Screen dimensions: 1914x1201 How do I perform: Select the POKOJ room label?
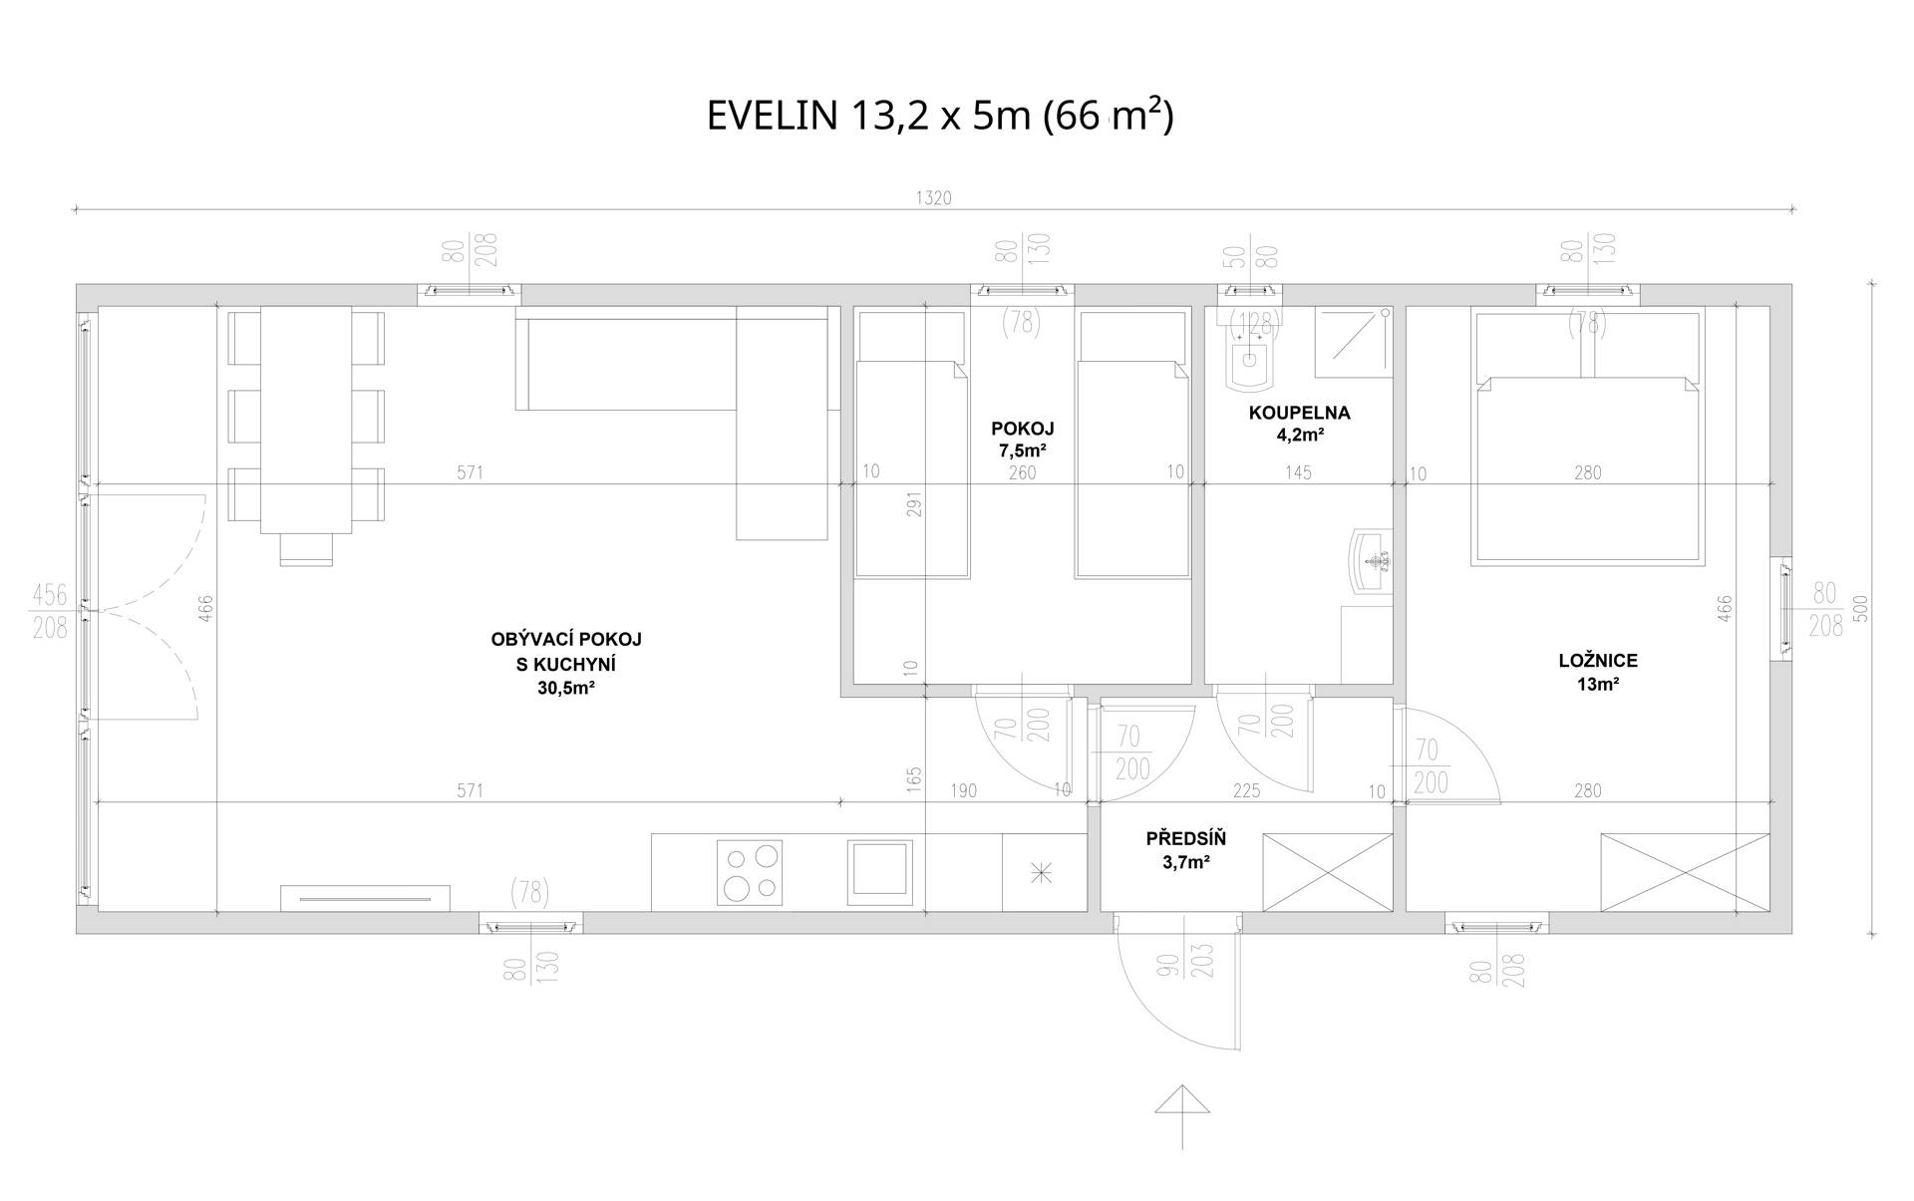coord(1022,429)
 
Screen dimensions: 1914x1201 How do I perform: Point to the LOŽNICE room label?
coord(1598,661)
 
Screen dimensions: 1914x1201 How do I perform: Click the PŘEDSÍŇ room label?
coord(1185,839)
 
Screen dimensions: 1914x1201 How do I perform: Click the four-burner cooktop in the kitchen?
coord(750,872)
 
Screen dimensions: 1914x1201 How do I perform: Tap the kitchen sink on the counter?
coord(880,868)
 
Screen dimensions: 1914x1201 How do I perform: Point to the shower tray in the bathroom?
coord(1353,342)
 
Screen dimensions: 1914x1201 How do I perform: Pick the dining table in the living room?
coord(306,421)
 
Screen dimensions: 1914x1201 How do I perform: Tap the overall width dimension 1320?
coord(933,198)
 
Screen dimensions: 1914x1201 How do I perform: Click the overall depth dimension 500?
coord(1860,609)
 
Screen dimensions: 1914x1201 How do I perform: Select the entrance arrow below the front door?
coord(1182,1116)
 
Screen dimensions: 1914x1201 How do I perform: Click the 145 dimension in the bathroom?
coord(1298,472)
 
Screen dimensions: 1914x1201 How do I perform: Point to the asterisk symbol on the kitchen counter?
coord(1041,874)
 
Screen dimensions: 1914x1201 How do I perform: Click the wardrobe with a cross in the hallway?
coord(1328,872)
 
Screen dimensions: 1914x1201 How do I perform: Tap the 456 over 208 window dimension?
coord(50,611)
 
